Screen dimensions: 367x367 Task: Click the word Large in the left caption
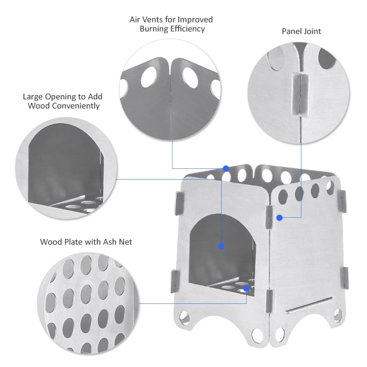[x=34, y=96]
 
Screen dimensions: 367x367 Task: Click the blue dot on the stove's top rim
[x=226, y=168]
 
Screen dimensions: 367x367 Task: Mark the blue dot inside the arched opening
[x=221, y=246]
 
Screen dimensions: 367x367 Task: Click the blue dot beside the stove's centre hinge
[x=279, y=217]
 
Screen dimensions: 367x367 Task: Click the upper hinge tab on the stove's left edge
[x=179, y=204]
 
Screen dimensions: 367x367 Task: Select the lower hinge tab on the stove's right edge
[x=345, y=278]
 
